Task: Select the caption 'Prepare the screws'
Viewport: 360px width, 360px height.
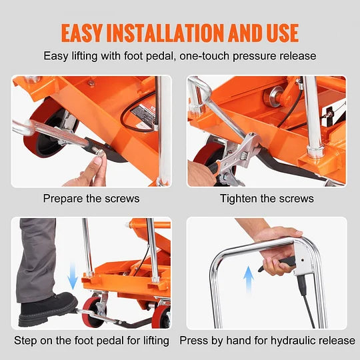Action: [x=91, y=198]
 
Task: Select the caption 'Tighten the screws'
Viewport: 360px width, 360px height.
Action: [x=267, y=198]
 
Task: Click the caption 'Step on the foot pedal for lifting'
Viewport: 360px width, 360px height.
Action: [x=91, y=341]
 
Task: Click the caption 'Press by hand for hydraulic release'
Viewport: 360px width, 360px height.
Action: [x=267, y=341]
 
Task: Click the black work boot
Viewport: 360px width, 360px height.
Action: [x=47, y=309]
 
